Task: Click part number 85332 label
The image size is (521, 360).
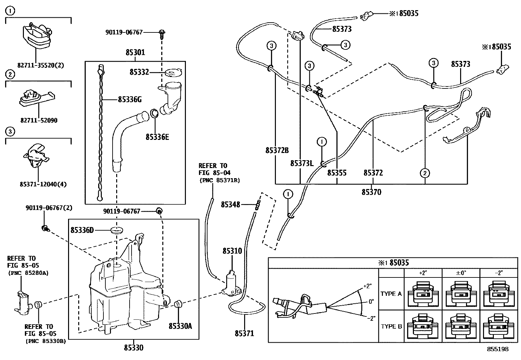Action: pyautogui.click(x=139, y=72)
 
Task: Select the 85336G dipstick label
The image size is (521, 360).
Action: pyautogui.click(x=130, y=99)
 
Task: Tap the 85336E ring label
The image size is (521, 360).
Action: pyautogui.click(x=157, y=137)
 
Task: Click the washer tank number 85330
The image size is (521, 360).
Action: pyautogui.click(x=134, y=348)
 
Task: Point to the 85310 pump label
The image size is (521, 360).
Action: pyautogui.click(x=232, y=251)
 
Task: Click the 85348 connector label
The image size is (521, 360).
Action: pyautogui.click(x=230, y=205)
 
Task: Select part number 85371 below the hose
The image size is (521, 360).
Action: pyautogui.click(x=244, y=334)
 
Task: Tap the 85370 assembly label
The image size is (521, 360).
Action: pyautogui.click(x=371, y=192)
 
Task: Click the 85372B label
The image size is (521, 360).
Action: pyautogui.click(x=277, y=150)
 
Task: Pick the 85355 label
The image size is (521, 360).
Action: pyautogui.click(x=337, y=173)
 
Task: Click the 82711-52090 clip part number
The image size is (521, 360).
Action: pyautogui.click(x=38, y=121)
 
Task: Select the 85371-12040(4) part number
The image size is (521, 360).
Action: pyautogui.click(x=43, y=184)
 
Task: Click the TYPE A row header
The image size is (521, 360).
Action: pyautogui.click(x=391, y=294)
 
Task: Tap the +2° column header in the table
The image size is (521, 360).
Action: pyautogui.click(x=423, y=273)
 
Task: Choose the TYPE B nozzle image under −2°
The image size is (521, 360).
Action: pyautogui.click(x=498, y=327)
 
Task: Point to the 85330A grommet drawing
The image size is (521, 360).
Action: pyautogui.click(x=178, y=304)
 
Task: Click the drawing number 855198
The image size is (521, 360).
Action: pyautogui.click(x=498, y=349)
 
